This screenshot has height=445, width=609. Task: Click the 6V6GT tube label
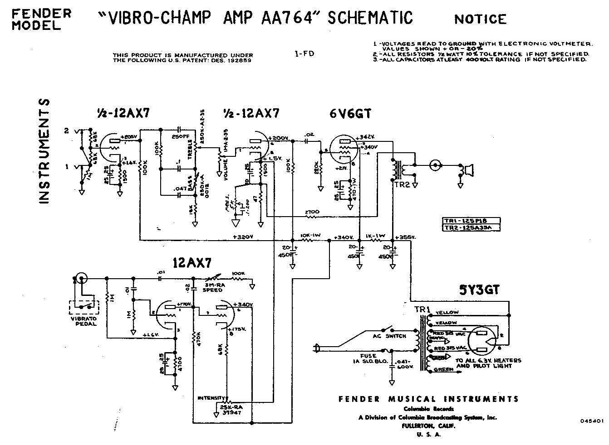point(350,114)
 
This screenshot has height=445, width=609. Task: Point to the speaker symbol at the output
point(467,170)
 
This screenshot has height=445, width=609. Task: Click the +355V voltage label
point(406,237)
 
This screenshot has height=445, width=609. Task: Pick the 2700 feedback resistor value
point(313,212)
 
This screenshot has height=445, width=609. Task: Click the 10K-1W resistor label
point(310,236)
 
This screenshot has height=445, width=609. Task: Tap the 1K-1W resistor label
point(376,236)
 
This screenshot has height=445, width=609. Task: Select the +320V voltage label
point(242,236)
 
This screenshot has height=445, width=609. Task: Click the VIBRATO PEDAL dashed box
point(83,308)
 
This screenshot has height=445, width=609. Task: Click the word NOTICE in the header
point(480,19)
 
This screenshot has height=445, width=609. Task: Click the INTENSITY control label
point(211,398)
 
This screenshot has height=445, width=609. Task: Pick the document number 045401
point(591,421)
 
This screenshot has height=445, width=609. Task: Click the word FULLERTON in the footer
point(414,426)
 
